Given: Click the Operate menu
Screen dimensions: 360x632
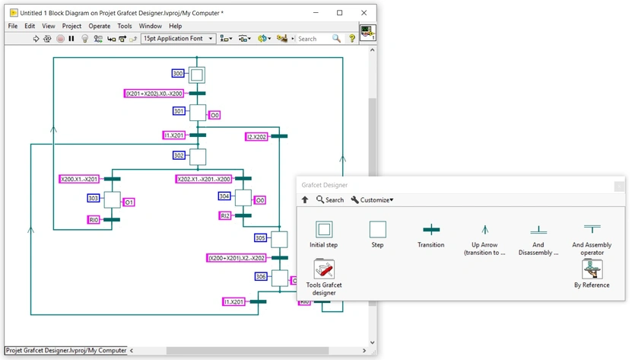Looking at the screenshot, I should [x=99, y=26].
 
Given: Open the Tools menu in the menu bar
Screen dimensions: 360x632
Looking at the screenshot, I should [x=124, y=26].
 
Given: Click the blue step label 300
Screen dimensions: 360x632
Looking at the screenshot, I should [x=178, y=74].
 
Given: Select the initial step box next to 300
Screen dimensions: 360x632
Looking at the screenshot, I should [x=197, y=75].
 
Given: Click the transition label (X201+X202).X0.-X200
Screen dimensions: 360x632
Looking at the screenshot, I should [x=154, y=94].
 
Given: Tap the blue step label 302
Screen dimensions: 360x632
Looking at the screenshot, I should [x=179, y=155].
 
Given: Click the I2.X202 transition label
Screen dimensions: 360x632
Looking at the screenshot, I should [x=256, y=136].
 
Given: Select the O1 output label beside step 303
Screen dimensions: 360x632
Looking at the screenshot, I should [x=129, y=202].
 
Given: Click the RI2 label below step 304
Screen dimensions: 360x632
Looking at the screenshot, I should [x=225, y=216].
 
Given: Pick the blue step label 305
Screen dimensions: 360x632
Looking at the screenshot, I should [x=261, y=237].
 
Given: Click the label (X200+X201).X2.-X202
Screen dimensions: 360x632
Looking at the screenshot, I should [x=236, y=258].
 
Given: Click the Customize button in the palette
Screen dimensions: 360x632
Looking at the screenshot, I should [x=372, y=200].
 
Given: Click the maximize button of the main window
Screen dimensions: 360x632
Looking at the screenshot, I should [x=339, y=13].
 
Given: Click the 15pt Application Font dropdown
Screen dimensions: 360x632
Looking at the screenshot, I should [x=178, y=39].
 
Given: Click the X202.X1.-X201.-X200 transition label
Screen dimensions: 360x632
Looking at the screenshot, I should [x=204, y=180].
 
